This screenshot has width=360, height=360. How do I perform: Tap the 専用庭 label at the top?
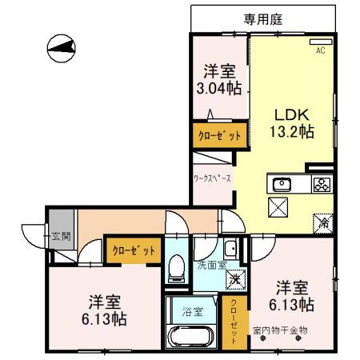coord(263,17)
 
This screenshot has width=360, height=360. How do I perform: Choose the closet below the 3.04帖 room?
coord(219,136)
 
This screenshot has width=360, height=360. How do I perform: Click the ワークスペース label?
coord(212,178)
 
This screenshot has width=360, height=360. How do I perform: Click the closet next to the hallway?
coord(133,251)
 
